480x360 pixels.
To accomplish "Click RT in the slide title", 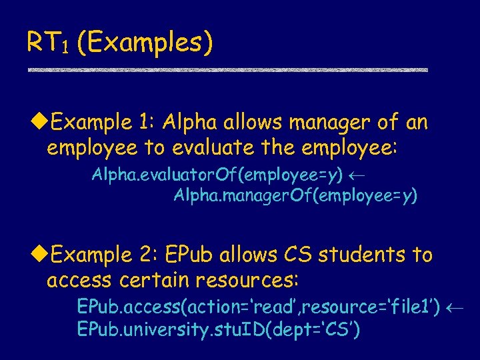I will click(x=42, y=42).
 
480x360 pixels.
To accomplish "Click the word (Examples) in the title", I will click(x=145, y=43).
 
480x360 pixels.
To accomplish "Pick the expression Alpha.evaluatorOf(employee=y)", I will click(x=217, y=176).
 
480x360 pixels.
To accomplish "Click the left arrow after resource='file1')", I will click(x=456, y=308).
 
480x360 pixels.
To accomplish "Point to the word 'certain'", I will click(x=146, y=279).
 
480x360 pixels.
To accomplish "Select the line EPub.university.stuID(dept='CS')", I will click(x=219, y=329).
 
